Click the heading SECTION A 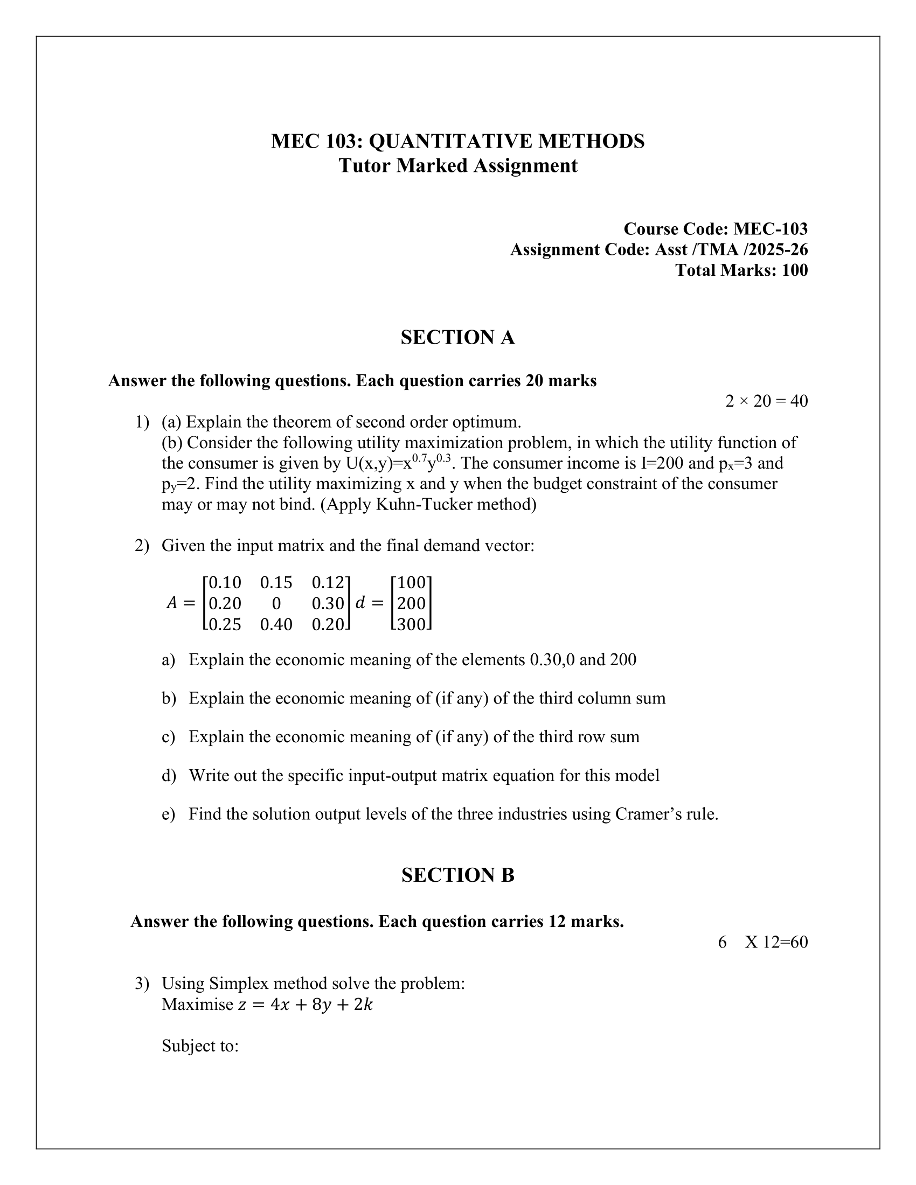(457, 338)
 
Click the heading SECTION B (457, 875)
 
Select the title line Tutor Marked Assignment (457, 165)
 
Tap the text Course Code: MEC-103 (715, 229)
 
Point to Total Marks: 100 (741, 270)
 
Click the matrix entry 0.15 (276, 583)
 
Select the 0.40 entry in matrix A (276, 624)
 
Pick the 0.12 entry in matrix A (328, 583)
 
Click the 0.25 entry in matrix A (225, 624)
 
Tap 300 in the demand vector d (411, 624)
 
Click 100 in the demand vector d (411, 583)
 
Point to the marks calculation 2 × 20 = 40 (766, 401)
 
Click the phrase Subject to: (200, 1045)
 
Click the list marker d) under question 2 (169, 775)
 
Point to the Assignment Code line (659, 249)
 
